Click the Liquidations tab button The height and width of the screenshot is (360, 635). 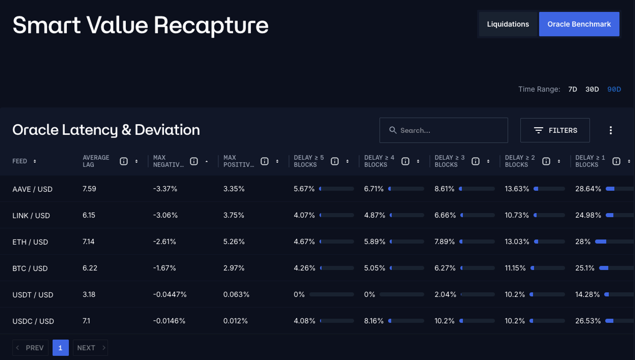[x=508, y=24]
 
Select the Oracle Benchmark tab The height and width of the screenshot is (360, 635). [x=579, y=24]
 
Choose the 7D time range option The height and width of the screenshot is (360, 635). [x=572, y=89]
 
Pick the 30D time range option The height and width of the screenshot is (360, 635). [x=592, y=89]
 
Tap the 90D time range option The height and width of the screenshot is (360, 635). [x=614, y=89]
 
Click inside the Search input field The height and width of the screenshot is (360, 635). [x=449, y=130]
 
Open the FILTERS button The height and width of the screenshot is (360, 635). [x=555, y=130]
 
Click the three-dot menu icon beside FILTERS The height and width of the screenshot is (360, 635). [x=610, y=130]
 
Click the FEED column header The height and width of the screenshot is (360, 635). [x=20, y=161]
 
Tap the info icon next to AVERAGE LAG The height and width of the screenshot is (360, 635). [x=124, y=161]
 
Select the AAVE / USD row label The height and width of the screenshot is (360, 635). [x=33, y=189]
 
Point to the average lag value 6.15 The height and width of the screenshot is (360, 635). [x=89, y=215]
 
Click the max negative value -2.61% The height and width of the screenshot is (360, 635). [x=165, y=242]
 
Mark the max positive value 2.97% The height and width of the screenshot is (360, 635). [x=234, y=268]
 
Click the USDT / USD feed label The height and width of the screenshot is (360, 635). [x=33, y=295]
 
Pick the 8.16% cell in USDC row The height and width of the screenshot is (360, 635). [x=374, y=321]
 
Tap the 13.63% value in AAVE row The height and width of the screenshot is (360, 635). [x=517, y=189]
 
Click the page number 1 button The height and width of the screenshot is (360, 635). [x=61, y=348]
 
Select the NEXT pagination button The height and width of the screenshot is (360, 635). [x=90, y=348]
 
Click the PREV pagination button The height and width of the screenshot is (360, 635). [x=30, y=348]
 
